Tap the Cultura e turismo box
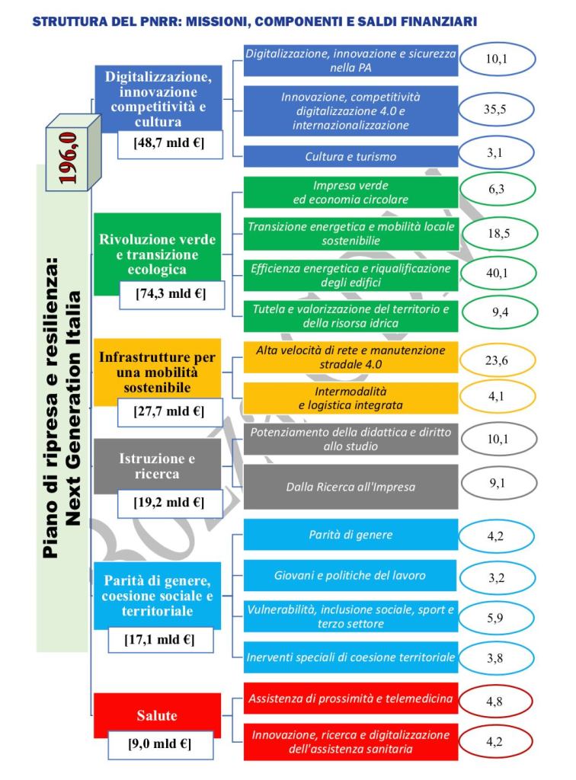[x=350, y=156]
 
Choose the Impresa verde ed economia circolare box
[x=350, y=193]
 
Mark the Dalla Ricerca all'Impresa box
[x=350, y=486]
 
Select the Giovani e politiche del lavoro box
[x=350, y=575]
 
